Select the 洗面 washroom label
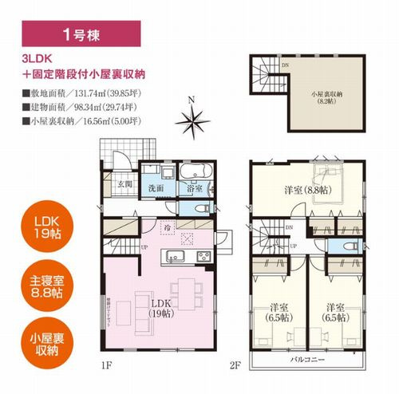tap(156, 189)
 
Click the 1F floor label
tap(107, 364)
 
